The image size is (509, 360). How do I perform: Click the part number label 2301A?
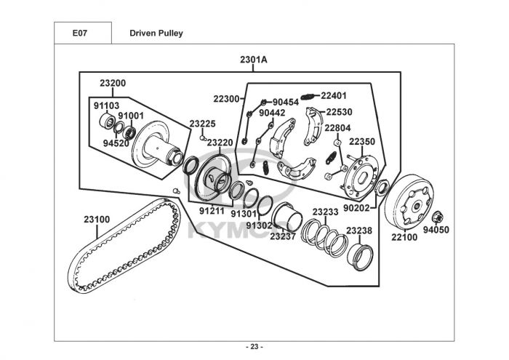[254, 60]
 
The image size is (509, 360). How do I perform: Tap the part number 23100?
[97, 220]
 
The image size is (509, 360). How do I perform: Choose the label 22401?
[334, 96]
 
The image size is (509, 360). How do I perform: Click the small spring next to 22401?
[307, 97]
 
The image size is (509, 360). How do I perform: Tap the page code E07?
[80, 33]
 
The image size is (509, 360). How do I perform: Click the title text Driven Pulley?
[156, 33]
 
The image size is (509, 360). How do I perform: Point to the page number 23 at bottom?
[254, 347]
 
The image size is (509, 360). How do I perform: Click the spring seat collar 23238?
[360, 257]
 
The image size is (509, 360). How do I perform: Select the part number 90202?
[356, 208]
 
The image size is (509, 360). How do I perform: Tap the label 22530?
[339, 112]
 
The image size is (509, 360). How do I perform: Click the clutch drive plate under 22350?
[361, 177]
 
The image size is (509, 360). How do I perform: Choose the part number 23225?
[203, 124]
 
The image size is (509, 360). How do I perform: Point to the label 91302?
[259, 225]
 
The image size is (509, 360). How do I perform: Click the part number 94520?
[116, 143]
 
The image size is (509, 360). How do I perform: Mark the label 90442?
[272, 113]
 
